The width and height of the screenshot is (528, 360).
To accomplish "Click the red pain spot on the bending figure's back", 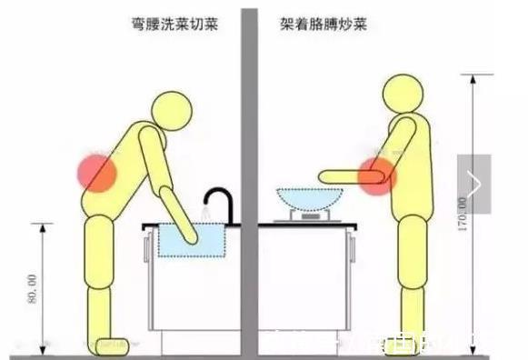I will pyautogui.click(x=96, y=172).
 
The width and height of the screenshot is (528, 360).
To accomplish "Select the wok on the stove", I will pyautogui.click(x=309, y=199).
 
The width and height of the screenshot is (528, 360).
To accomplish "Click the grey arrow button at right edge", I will pyautogui.click(x=473, y=183).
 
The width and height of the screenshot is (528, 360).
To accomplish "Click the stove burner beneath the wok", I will pyautogui.click(x=309, y=216).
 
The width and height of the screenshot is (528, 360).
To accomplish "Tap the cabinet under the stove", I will pyautogui.click(x=304, y=282).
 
